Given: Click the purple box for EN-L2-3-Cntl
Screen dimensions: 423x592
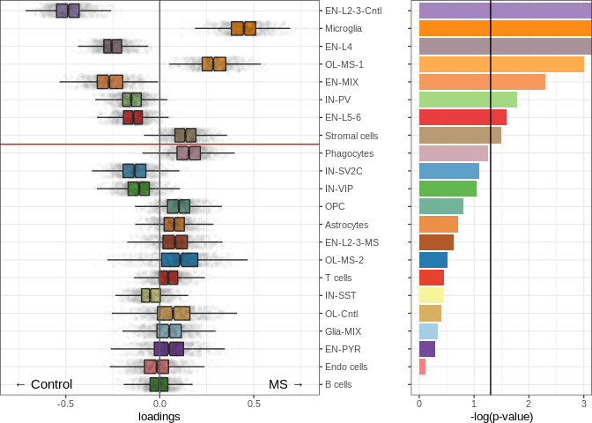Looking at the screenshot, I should point(68,11).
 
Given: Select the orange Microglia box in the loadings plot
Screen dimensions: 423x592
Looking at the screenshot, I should point(243,28).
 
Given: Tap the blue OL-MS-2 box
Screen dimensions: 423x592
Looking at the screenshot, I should point(180,260).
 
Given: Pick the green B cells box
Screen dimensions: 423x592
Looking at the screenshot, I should point(159,384).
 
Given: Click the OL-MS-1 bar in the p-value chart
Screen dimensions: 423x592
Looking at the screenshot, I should point(501,64).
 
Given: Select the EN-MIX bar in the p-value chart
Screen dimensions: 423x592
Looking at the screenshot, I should point(482,82).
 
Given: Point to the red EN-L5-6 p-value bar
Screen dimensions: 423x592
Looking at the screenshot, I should point(462,117).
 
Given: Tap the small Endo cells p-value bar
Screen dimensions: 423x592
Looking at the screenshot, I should point(422,367).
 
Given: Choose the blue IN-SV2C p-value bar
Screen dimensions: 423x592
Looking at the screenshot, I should point(449,171).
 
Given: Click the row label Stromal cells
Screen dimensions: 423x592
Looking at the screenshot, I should point(351,136).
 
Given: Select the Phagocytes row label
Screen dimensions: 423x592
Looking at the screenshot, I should point(350,153).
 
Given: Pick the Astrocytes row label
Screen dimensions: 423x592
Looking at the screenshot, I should point(347,225).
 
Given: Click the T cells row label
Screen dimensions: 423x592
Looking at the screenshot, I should point(338,278).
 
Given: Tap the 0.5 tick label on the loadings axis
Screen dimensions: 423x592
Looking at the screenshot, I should point(254,404).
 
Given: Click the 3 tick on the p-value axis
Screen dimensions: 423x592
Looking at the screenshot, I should point(583,404).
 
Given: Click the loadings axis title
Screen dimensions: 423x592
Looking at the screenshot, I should point(159,417).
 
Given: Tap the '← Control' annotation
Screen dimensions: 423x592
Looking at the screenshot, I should point(43,384).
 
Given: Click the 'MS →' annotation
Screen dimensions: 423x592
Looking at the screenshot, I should point(285,384).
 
